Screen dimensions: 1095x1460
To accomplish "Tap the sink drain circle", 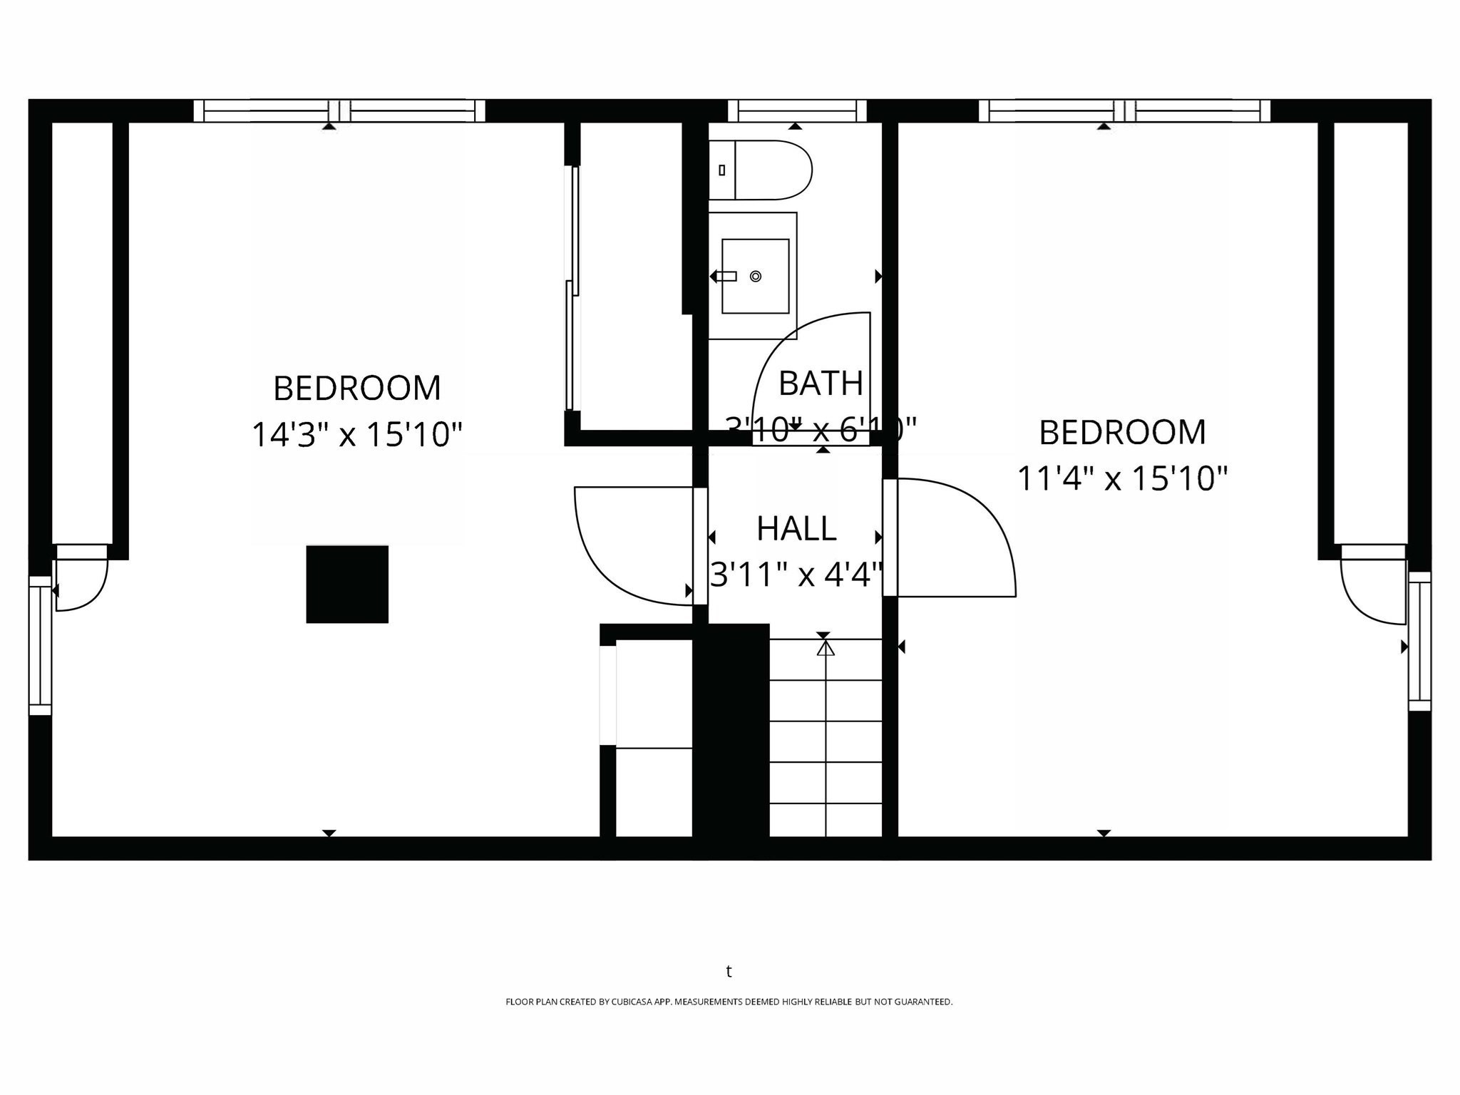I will click(x=756, y=277).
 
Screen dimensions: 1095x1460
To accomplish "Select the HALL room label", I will click(x=796, y=529).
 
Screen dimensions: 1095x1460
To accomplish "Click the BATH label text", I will click(x=821, y=384).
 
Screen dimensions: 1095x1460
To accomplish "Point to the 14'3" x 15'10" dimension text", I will click(x=357, y=435).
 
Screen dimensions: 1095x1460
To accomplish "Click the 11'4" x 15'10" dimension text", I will click(x=1122, y=478).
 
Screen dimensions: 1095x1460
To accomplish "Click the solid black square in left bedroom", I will click(x=347, y=585).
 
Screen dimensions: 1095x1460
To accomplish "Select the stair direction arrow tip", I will click(x=826, y=648).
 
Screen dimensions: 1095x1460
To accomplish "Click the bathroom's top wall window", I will click(x=797, y=111).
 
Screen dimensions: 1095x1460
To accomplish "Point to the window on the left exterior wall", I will click(x=40, y=645).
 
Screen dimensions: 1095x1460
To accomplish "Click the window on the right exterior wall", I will click(x=1419, y=642).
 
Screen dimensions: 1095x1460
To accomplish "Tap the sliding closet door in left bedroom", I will click(x=572, y=289).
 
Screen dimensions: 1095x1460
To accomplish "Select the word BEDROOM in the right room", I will click(x=1122, y=432).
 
